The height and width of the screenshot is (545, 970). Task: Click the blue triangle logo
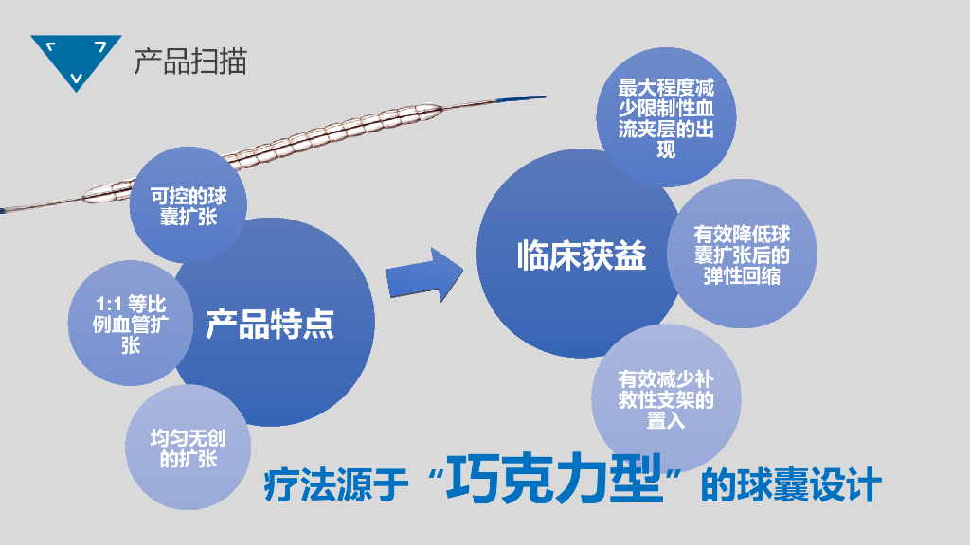click(76, 60)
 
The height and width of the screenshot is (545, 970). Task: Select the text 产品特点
click(270, 325)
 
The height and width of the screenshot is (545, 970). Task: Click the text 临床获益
click(581, 255)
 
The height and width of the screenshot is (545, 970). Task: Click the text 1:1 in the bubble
click(110, 305)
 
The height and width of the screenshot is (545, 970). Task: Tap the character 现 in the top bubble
click(666, 149)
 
